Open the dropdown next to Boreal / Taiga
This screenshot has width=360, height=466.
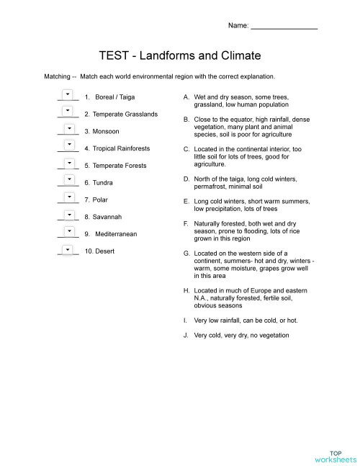68,94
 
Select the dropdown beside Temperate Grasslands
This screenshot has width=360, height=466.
68,111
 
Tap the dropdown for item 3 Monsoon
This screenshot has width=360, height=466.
68,128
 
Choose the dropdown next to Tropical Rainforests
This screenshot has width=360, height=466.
68,145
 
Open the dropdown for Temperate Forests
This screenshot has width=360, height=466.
68,163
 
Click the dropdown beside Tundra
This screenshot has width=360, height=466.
68,180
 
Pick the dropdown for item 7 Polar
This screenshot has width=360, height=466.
68,197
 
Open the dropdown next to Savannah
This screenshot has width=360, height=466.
68,214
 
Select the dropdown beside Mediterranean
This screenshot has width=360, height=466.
68,231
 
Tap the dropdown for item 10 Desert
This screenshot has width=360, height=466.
68,248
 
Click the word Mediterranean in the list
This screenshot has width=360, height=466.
116,234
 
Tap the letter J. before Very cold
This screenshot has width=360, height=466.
186,335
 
